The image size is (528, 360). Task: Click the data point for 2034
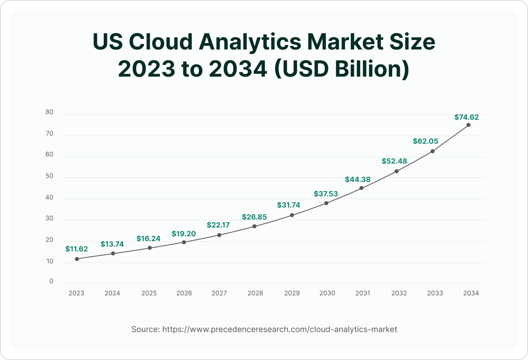coord(468,125)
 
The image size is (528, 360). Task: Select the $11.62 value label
coord(77,249)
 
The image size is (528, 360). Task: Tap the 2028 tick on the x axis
coord(255,293)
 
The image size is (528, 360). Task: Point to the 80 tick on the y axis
coord(50,113)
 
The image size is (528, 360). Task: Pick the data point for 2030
coord(326,203)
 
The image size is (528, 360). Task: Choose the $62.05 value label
coord(425,141)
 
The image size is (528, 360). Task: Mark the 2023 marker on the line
coord(77,259)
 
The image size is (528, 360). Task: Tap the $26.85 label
coord(254,217)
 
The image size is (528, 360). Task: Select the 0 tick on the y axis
coord(51,281)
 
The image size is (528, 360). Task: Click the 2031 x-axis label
coord(363,293)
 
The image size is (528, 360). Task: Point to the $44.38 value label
coord(358,179)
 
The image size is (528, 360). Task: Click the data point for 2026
coord(184,242)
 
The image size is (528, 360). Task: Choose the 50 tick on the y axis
coord(50,176)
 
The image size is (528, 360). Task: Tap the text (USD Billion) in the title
coord(341,69)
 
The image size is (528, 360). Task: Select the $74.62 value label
coord(466,117)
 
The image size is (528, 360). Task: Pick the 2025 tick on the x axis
coord(149,293)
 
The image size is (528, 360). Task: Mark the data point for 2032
coord(397,171)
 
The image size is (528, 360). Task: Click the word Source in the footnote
coord(145,329)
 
